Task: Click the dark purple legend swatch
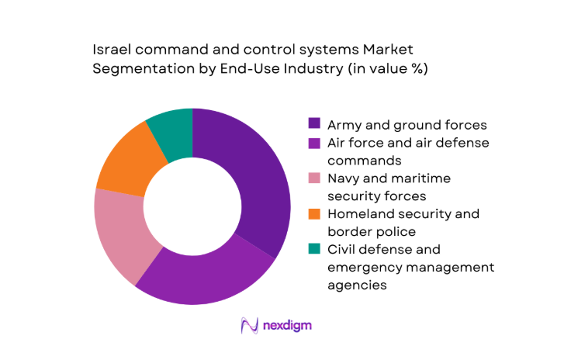coord(314,123)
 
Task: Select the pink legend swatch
coord(314,178)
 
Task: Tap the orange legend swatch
coord(314,213)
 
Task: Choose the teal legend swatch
coord(314,249)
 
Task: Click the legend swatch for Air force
coord(314,143)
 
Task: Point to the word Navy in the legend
coord(344,178)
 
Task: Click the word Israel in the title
coord(109,49)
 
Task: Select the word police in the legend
coord(393,231)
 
